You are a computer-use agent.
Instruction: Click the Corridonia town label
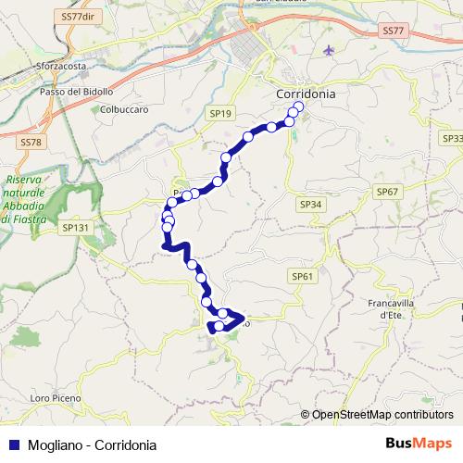tap(306, 94)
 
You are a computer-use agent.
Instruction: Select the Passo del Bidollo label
tap(76, 93)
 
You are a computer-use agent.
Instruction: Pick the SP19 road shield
tap(219, 113)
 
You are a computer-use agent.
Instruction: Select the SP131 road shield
tap(73, 226)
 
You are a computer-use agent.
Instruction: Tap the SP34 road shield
tap(311, 204)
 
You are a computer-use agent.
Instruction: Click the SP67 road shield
tap(387, 190)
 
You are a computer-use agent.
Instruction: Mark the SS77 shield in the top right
tap(393, 31)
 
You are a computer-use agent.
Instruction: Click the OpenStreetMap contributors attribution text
tap(381, 416)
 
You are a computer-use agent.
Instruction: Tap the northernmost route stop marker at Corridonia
tap(298, 106)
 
